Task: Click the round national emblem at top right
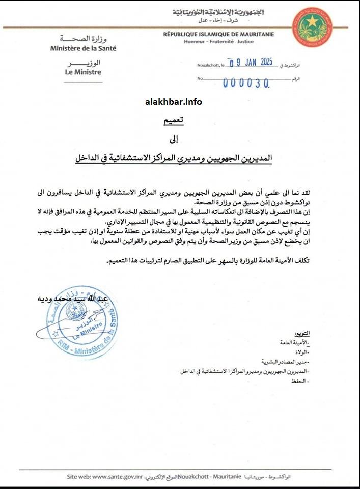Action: [312, 28]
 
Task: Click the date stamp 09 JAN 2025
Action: [251, 63]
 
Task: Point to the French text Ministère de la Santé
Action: [83, 48]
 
